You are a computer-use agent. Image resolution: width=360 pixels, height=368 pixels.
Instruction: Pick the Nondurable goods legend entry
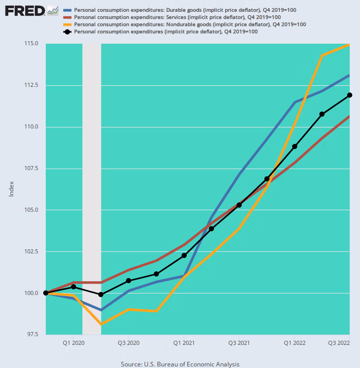pos(190,25)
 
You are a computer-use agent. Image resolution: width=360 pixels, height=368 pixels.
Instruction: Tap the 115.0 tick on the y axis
pos(30,43)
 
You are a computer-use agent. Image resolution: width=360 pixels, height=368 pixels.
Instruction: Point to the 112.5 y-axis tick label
pos(30,85)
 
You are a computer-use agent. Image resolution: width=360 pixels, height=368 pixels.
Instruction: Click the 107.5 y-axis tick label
pos(30,168)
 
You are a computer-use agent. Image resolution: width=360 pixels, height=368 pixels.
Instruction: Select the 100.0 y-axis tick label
pos(30,293)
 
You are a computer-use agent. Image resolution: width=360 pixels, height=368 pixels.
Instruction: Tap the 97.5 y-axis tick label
pos(31,335)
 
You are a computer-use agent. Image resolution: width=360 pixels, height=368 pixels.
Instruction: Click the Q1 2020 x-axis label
pos(74,342)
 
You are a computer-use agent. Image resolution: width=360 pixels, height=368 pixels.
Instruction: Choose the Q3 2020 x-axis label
pos(129,342)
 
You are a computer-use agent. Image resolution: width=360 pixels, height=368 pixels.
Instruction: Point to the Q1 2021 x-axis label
pos(184,342)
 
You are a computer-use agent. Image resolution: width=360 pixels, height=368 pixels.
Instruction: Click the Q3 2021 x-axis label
pos(239,342)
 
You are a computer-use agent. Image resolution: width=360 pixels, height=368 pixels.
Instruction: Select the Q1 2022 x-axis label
pos(294,342)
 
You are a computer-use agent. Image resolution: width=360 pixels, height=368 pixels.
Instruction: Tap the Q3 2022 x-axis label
pos(338,342)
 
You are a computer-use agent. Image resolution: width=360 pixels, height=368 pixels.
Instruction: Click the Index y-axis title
pos(11,189)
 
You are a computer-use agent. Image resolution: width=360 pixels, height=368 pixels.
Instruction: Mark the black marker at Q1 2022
pos(295,146)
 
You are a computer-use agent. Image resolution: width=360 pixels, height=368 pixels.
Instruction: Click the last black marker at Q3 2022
pos(350,95)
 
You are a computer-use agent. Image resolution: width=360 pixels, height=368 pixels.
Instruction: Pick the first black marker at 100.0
pos(46,293)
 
